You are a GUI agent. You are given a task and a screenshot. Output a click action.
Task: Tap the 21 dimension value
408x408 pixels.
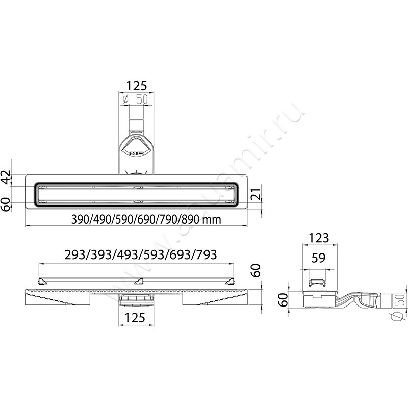258,194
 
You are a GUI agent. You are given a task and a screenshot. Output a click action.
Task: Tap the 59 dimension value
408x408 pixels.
319,259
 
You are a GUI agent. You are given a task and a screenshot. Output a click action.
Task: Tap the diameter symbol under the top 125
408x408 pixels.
125,100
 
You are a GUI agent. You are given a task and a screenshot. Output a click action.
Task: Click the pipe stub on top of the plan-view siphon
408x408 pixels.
136,125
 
